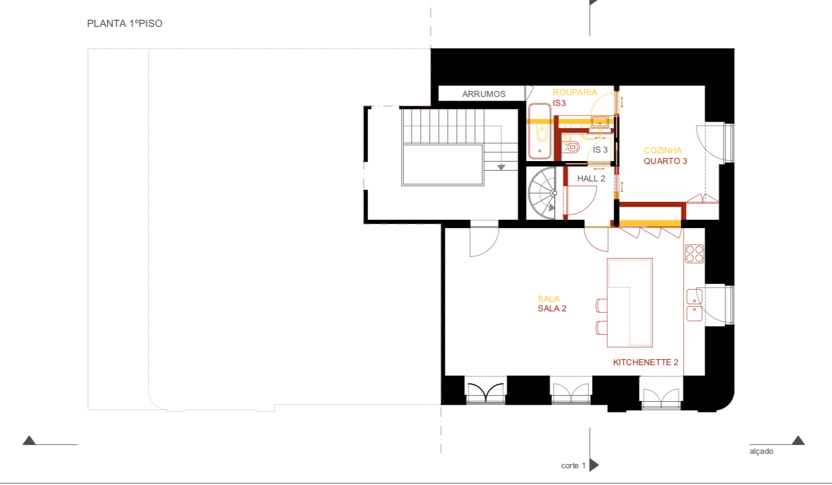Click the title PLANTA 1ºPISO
[125, 23]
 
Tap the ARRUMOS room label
[484, 94]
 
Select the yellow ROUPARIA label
[575, 92]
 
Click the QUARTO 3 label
[665, 161]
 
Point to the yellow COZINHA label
[663, 150]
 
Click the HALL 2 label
[591, 178]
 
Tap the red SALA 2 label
[552, 308]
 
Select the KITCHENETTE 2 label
[645, 362]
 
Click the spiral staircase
[543, 193]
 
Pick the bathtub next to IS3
[540, 131]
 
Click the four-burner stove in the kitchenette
[694, 254]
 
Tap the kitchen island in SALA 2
[630, 303]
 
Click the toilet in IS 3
[570, 147]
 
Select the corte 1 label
[573, 466]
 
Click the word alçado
[761, 451]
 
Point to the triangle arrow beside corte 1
[594, 465]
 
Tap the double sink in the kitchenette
[694, 305]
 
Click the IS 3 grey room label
[600, 150]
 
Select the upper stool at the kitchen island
[602, 305]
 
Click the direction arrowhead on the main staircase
[501, 167]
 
